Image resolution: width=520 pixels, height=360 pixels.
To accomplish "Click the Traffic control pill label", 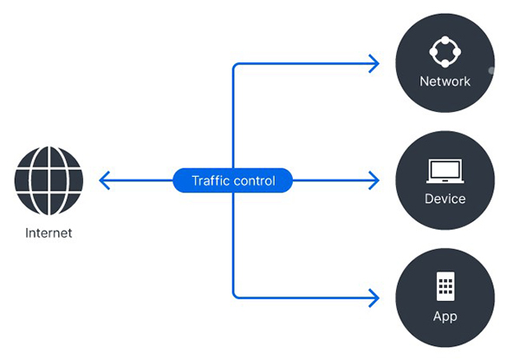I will [232, 180].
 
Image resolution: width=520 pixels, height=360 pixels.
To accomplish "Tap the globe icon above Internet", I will [49, 181].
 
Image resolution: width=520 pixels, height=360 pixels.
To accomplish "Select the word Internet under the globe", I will [49, 232].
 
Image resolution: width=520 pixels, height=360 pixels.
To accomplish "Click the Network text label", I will [445, 82].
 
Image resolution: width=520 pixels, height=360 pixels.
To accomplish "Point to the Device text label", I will [445, 199].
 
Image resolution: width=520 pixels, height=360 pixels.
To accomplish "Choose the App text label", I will [445, 316].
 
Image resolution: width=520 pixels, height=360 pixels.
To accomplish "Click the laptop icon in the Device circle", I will [445, 169].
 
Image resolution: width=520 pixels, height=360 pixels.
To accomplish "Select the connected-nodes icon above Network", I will [445, 50].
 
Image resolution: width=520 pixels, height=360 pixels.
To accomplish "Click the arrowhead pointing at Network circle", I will [374, 63].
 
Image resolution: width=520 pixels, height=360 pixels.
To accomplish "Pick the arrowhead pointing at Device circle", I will [374, 180].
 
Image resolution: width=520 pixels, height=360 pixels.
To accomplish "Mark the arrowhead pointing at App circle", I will [374, 298].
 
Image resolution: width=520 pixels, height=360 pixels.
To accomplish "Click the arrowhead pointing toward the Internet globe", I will [104, 180].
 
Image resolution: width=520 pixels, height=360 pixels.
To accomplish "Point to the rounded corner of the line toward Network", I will [235, 66].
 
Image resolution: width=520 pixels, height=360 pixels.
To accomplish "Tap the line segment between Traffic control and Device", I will [334, 180].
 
